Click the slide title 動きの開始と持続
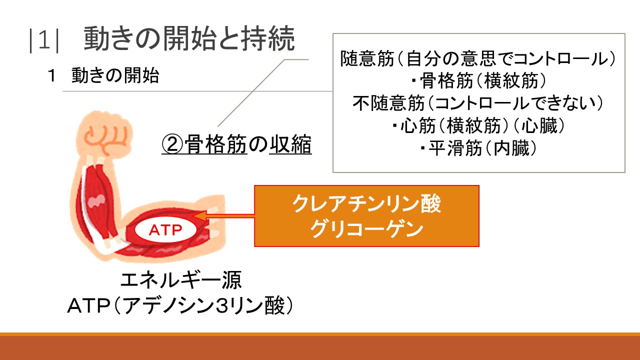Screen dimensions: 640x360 [189, 39]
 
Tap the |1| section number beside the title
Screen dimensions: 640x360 [44, 40]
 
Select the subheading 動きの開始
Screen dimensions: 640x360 [115, 75]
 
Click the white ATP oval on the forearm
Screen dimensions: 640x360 [165, 230]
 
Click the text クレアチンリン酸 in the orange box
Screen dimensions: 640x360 [366, 204]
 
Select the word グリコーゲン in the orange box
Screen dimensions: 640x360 [366, 229]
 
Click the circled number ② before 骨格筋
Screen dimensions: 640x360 [172, 145]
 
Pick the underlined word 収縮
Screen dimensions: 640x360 [290, 145]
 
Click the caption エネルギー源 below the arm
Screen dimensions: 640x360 [181, 280]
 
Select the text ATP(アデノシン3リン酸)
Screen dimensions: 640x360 [180, 306]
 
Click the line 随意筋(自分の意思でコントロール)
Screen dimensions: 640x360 [478, 58]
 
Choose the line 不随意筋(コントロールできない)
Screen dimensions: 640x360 [478, 103]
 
